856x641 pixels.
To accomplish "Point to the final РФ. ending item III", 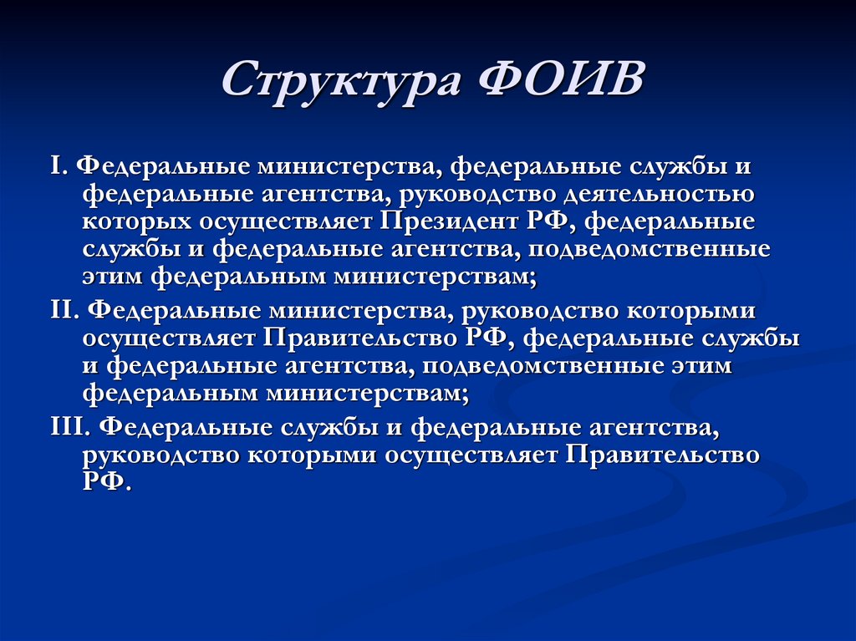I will [107, 483].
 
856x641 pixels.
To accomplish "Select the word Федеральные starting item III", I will [182, 427].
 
